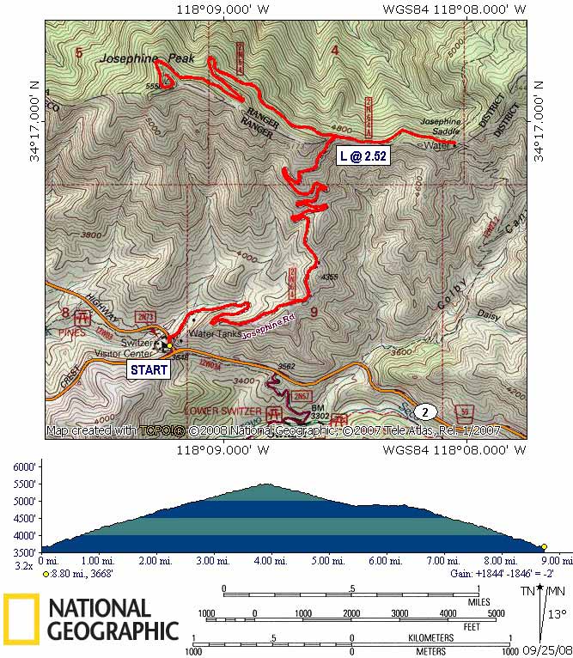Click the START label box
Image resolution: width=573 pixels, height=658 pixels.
pyautogui.click(x=148, y=369)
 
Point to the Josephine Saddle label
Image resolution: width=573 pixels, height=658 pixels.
pyautogui.click(x=441, y=128)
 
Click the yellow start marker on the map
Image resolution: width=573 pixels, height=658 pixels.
pyautogui.click(x=169, y=345)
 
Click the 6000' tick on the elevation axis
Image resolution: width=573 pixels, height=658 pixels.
pyautogui.click(x=24, y=466)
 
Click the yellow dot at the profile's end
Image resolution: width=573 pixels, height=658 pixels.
pyautogui.click(x=544, y=546)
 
